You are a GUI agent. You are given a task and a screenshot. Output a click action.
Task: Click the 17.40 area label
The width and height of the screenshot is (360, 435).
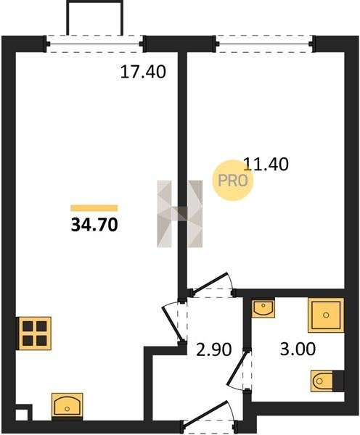[143, 72]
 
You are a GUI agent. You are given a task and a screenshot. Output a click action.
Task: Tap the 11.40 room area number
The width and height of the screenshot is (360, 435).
[266, 164]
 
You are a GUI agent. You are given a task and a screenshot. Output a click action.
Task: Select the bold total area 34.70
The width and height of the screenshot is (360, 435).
[94, 225]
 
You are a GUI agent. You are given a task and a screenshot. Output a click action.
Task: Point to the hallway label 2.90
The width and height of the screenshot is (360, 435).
[213, 349]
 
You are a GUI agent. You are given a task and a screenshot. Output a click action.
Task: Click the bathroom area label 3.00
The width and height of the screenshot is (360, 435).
[298, 349]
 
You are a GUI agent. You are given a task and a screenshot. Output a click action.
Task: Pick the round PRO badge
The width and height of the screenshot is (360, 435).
[233, 181]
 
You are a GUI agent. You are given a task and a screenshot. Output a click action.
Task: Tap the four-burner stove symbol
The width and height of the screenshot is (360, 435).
[35, 333]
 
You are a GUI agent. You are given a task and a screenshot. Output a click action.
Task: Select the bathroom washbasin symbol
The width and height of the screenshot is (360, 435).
[263, 308]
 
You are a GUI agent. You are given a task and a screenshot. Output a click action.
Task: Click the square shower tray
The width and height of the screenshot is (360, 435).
[326, 315]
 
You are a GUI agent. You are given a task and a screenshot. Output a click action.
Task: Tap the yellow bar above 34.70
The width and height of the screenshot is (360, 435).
[94, 208]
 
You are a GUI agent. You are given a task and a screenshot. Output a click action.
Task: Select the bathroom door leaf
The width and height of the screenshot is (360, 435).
[237, 368]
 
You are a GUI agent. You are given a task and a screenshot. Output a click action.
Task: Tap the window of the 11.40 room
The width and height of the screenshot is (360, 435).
[265, 43]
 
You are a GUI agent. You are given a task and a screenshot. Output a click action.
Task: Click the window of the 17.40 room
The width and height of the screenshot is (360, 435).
[95, 43]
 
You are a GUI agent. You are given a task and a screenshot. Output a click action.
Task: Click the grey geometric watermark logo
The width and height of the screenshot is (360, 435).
[180, 214]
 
